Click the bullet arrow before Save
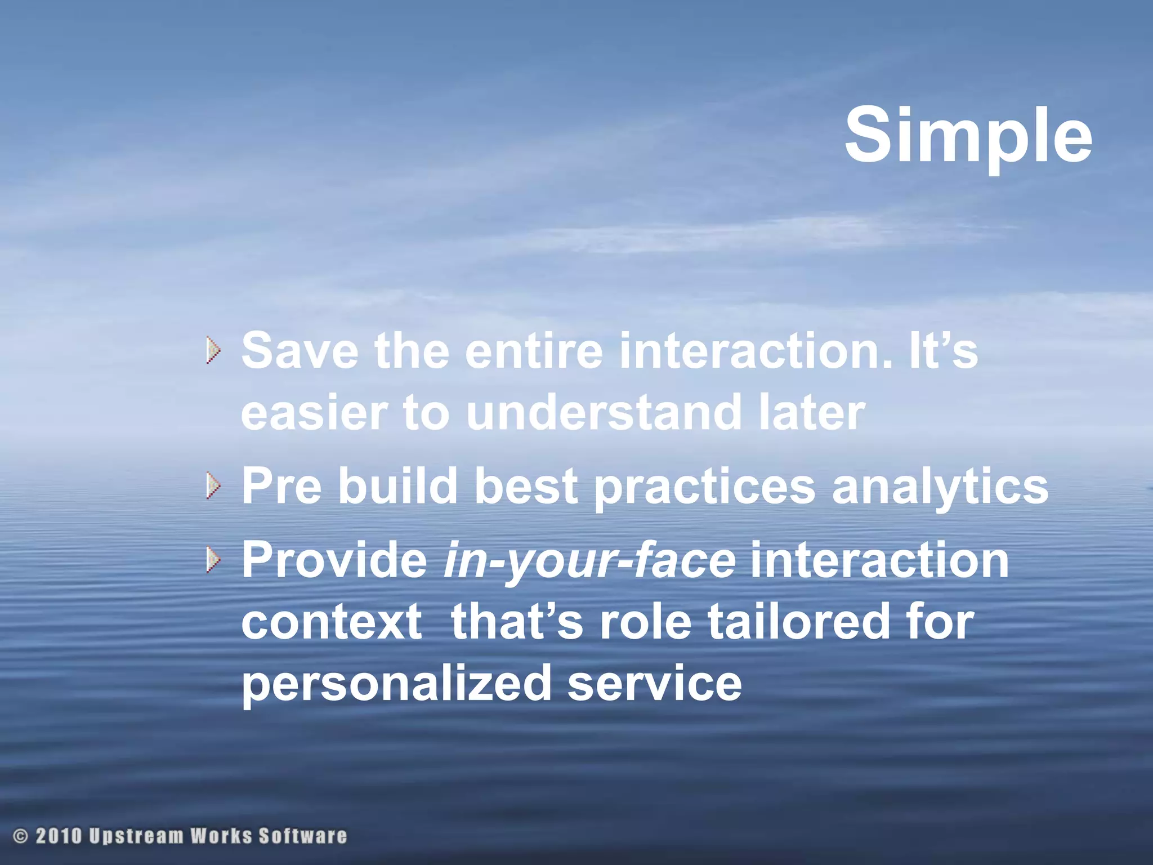point(213,350)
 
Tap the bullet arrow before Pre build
point(213,486)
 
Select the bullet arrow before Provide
point(213,560)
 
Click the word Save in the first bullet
point(300,350)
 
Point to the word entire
point(534,350)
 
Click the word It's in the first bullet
point(943,350)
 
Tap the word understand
point(603,412)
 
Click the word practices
point(704,486)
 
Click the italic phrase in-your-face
point(589,560)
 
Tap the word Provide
point(334,560)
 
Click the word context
point(332,622)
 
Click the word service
point(654,684)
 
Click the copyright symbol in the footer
point(20,836)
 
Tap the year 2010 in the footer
point(59,836)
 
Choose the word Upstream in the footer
point(136,836)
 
